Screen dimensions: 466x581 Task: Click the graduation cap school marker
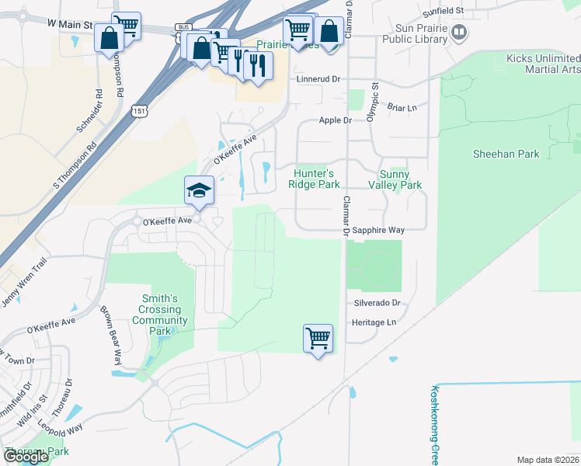[199, 189]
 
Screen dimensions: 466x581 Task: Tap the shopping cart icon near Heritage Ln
[318, 338]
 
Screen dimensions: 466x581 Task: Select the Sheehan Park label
[506, 154]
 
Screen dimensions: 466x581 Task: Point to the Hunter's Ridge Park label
[314, 179]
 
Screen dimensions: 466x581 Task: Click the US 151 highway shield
[139, 112]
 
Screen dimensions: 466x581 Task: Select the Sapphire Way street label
[378, 231]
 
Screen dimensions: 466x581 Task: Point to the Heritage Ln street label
[374, 322]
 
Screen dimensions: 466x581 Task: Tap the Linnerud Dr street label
[318, 79]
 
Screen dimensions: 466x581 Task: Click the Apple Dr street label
[336, 120]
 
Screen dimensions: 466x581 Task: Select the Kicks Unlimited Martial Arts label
[542, 64]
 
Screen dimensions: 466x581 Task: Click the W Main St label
[69, 25]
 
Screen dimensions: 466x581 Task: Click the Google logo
[26, 457]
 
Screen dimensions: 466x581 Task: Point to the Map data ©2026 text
[548, 460]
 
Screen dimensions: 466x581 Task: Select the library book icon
[459, 32]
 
